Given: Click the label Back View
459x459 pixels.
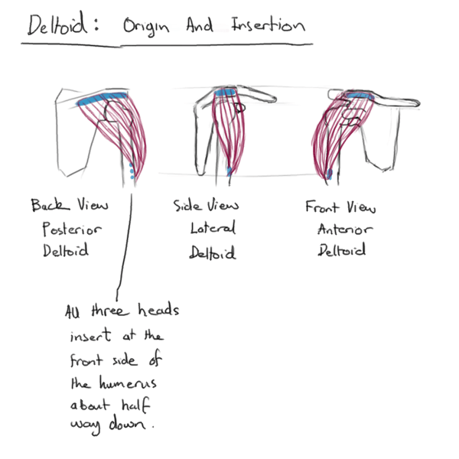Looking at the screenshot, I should click(70, 206).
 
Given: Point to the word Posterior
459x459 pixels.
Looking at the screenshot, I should click(70, 229).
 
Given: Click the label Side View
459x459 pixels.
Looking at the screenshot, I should click(207, 206).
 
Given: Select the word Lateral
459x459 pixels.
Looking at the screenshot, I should click(213, 228).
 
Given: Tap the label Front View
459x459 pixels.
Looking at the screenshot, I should click(340, 207).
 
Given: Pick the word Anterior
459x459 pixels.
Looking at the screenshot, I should click(342, 228).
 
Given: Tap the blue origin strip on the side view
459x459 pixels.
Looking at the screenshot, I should click(225, 94).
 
